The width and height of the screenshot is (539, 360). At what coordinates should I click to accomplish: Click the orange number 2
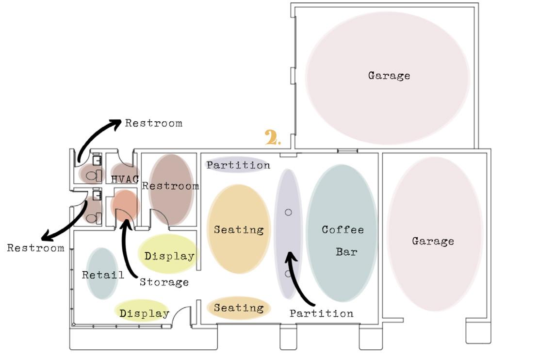pos(272,138)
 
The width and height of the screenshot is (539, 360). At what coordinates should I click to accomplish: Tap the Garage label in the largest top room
pos(389,76)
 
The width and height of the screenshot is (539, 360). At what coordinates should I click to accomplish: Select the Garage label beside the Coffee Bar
pos(433,241)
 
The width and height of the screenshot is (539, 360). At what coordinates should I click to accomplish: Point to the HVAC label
pos(125,179)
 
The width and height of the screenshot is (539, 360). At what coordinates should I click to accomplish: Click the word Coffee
pos(343,229)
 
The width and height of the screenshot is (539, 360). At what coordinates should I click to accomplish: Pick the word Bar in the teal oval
pos(346,252)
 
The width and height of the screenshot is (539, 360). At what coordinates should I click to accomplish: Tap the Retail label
pos(103,275)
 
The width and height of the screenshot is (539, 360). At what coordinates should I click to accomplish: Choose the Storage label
pos(164,282)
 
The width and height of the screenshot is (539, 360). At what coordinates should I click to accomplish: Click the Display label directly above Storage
pos(169,256)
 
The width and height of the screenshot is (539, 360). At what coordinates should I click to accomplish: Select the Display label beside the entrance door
pos(144,314)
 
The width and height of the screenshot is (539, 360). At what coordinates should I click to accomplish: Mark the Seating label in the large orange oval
pos(239,229)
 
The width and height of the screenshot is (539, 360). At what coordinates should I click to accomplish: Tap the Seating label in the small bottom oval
pos(239,308)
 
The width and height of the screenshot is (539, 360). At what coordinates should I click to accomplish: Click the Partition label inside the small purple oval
pos(238,165)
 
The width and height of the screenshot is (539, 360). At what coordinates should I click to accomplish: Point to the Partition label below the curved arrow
pos(321,313)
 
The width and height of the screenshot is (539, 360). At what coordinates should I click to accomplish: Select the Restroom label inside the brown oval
pos(170,186)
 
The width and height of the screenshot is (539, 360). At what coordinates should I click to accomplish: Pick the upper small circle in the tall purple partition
pos(288,212)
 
